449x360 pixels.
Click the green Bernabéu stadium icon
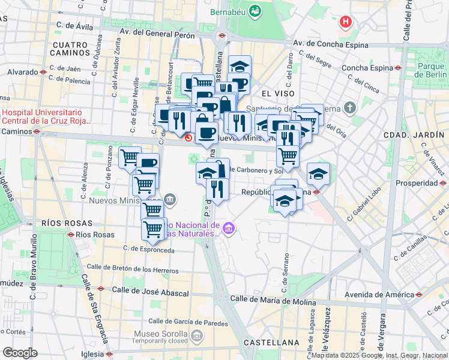tap(256, 11)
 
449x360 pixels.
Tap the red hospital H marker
tap(346, 23)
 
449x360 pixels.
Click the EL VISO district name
tap(278, 94)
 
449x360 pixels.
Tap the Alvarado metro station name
tap(23, 72)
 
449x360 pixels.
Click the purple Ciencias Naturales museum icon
tap(228, 229)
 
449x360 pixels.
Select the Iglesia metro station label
tap(89, 353)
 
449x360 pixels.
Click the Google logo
tap(20, 353)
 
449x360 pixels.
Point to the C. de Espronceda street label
tap(148, 249)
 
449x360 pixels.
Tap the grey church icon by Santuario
tap(351, 109)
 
